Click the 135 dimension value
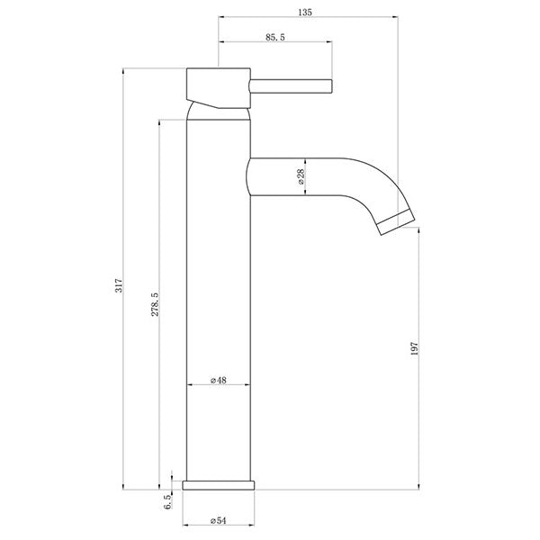307,10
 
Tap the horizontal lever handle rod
293,85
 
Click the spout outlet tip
397,221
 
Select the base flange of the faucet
220,484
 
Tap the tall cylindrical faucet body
218,297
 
